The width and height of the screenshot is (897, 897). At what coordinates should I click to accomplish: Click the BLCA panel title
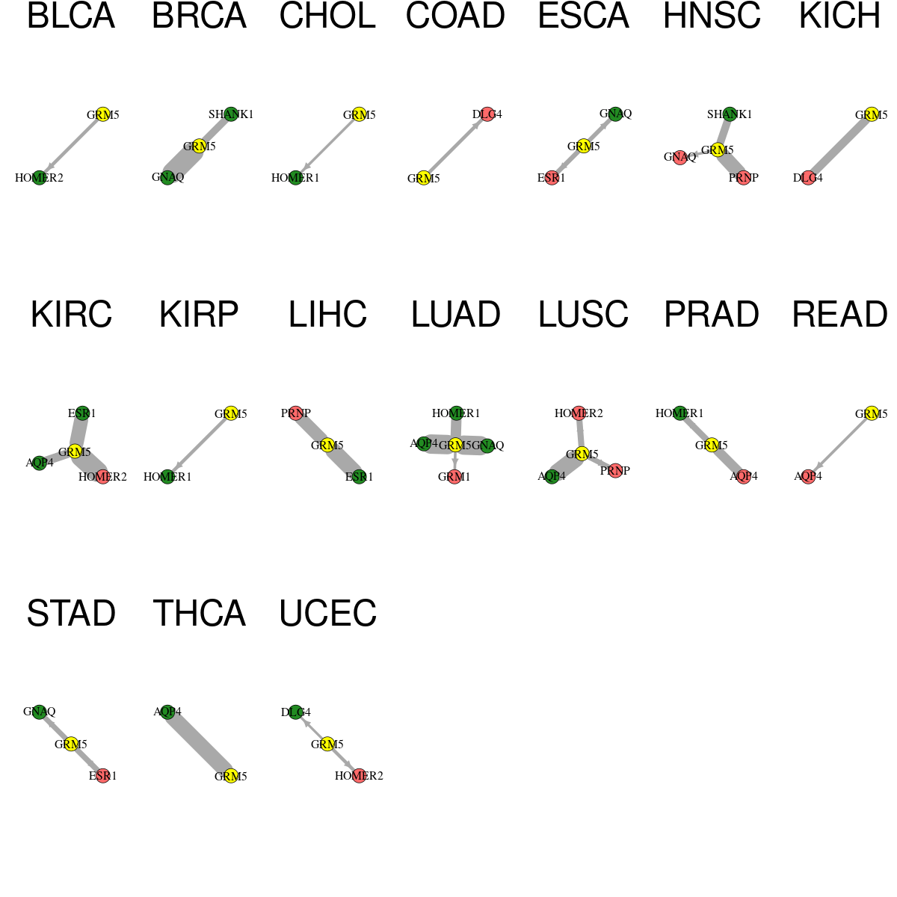tap(71, 16)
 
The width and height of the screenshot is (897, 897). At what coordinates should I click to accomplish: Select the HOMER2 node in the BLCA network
tap(40, 178)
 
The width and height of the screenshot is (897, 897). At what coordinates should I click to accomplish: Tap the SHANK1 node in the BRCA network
tap(231, 114)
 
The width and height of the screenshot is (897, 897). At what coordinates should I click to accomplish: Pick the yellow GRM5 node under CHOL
tap(359, 114)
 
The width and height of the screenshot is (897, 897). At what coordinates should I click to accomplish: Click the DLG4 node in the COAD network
tap(487, 114)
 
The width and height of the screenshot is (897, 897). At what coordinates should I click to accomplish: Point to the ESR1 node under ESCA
tap(552, 178)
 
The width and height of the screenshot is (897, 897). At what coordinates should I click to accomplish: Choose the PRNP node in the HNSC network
tap(743, 178)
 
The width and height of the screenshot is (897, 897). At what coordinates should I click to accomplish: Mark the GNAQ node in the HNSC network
tap(679, 158)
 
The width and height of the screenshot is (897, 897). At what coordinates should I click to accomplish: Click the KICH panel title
tap(839, 16)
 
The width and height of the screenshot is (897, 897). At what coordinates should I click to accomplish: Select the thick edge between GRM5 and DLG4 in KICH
tap(839, 147)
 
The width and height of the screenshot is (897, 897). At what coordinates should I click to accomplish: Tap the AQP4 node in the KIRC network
tap(40, 463)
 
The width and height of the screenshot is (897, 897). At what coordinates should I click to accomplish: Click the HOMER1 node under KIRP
tap(167, 477)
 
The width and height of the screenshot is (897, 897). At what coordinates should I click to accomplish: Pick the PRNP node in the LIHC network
tap(295, 413)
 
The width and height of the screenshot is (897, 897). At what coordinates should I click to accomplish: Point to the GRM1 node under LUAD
tap(454, 477)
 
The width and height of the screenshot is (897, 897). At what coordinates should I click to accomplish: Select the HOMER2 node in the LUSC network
tap(578, 413)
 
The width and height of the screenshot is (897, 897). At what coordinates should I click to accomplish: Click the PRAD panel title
tap(712, 315)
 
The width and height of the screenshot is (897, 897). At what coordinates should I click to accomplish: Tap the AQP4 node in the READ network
tap(808, 477)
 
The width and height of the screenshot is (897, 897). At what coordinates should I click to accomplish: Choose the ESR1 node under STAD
tap(103, 776)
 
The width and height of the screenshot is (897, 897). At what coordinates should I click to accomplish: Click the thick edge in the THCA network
tap(200, 744)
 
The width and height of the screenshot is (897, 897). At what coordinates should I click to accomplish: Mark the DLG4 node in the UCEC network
tap(295, 712)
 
